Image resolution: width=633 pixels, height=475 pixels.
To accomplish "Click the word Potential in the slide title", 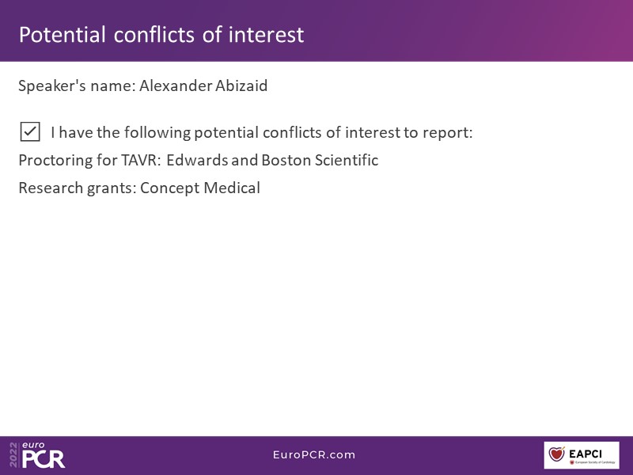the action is [x=63, y=35].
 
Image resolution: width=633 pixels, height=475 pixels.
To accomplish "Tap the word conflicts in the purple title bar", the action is [x=154, y=35].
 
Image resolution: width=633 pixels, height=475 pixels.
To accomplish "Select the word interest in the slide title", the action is [x=266, y=35].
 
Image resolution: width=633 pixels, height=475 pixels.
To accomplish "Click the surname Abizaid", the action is [x=241, y=85].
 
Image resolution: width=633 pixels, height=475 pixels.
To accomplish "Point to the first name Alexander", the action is [x=176, y=85].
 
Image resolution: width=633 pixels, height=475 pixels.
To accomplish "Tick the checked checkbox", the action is [x=30, y=131].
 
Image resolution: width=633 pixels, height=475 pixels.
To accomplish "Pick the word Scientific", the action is [x=347, y=160].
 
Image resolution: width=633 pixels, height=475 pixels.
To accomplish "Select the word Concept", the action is [x=170, y=188].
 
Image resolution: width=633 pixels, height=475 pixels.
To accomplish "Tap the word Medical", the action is [x=232, y=188].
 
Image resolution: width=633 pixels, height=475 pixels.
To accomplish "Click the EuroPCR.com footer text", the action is [x=314, y=454].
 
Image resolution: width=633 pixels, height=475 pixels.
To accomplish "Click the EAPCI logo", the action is [x=582, y=455].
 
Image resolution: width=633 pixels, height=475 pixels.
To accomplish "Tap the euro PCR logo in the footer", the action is [x=44, y=455].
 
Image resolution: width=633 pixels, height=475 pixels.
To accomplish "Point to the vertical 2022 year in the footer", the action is [x=13, y=454].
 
